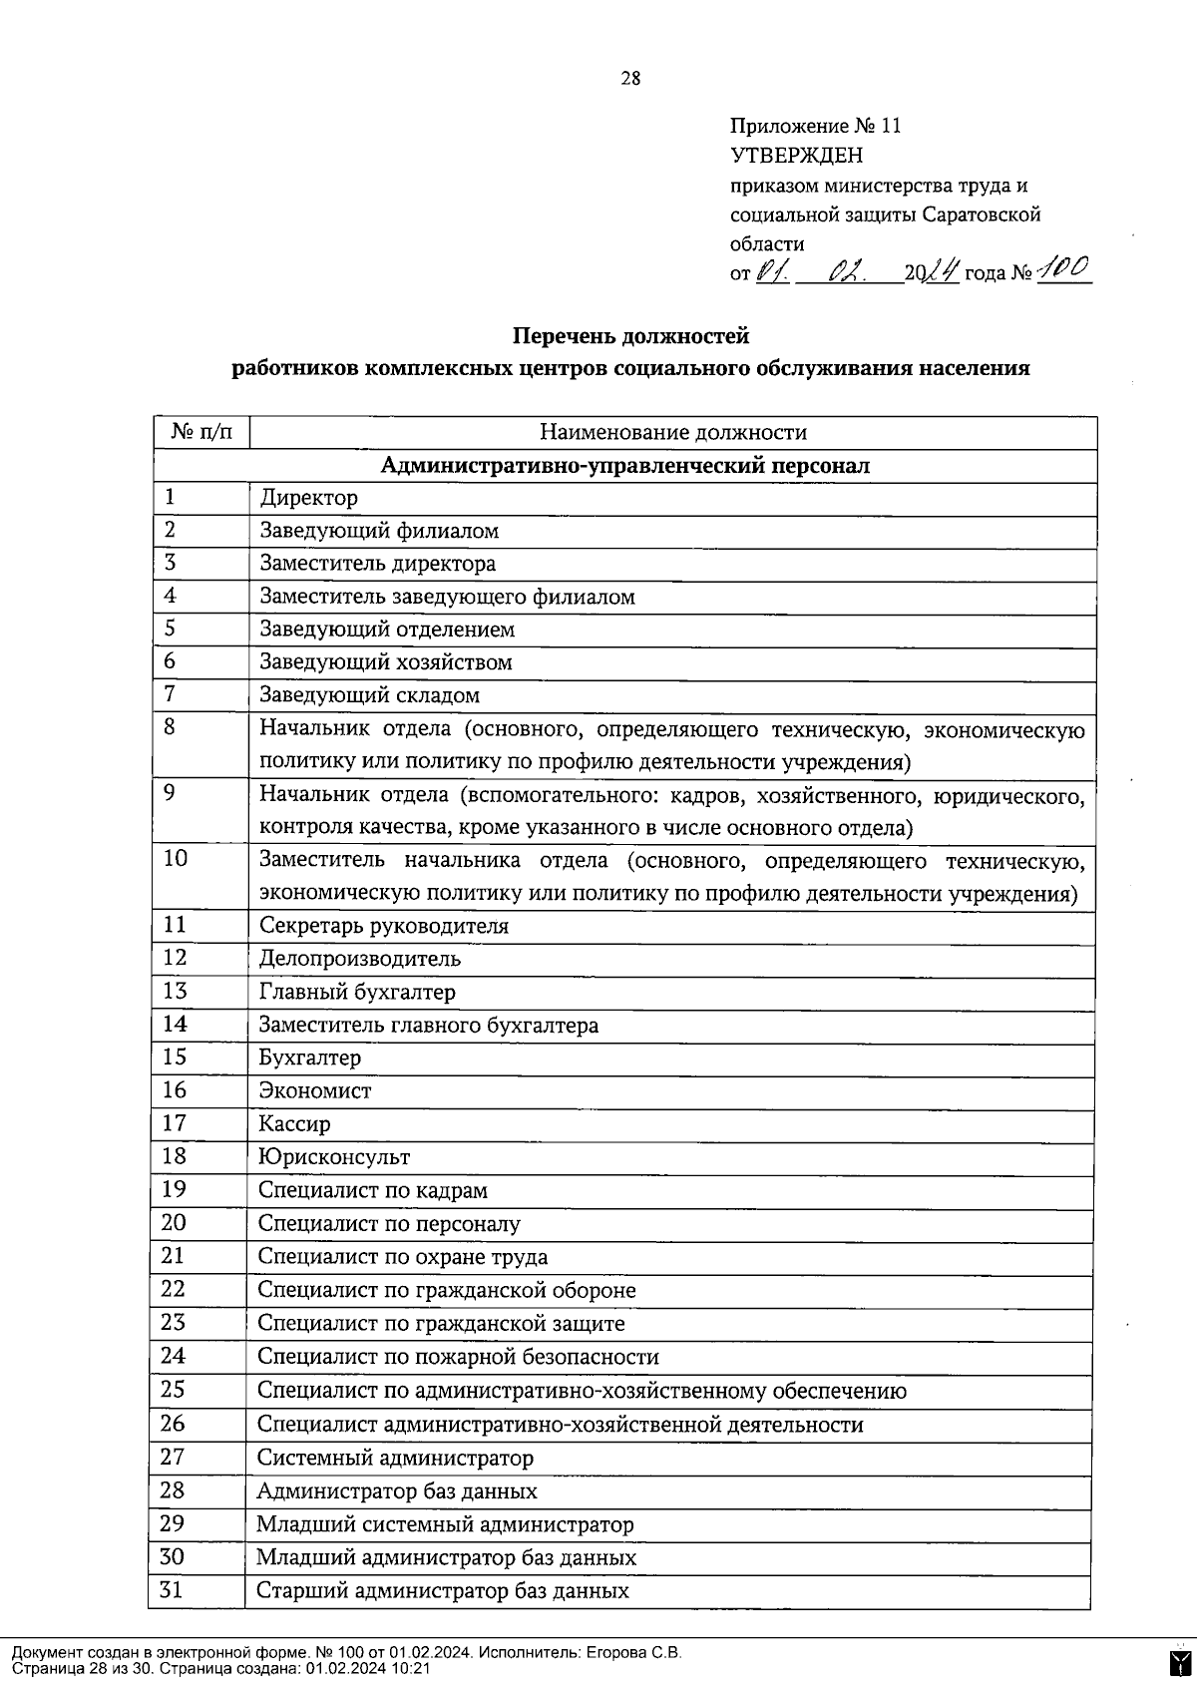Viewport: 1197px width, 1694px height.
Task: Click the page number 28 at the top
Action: (630, 79)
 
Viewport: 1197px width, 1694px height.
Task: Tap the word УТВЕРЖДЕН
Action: (796, 156)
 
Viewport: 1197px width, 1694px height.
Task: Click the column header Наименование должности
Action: (672, 432)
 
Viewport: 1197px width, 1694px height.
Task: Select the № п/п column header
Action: (200, 432)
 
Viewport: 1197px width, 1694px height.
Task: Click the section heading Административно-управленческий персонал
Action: (624, 465)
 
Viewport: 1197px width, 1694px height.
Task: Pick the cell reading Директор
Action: (308, 497)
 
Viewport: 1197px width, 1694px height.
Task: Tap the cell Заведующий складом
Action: (369, 694)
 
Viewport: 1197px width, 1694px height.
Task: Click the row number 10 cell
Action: (176, 858)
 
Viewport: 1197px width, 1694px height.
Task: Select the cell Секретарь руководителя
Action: (383, 926)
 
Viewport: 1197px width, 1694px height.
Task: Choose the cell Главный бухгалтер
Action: (356, 992)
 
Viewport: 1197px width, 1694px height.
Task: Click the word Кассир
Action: (294, 1123)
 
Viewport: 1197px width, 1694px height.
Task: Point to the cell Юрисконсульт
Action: (333, 1157)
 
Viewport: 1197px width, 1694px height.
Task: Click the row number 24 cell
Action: (174, 1355)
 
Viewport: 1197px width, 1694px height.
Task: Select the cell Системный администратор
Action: (395, 1458)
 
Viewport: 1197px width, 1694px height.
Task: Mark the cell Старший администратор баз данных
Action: (442, 1590)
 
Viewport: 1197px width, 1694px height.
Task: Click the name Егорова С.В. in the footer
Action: (634, 1653)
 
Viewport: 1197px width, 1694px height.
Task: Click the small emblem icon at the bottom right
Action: (1178, 1663)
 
